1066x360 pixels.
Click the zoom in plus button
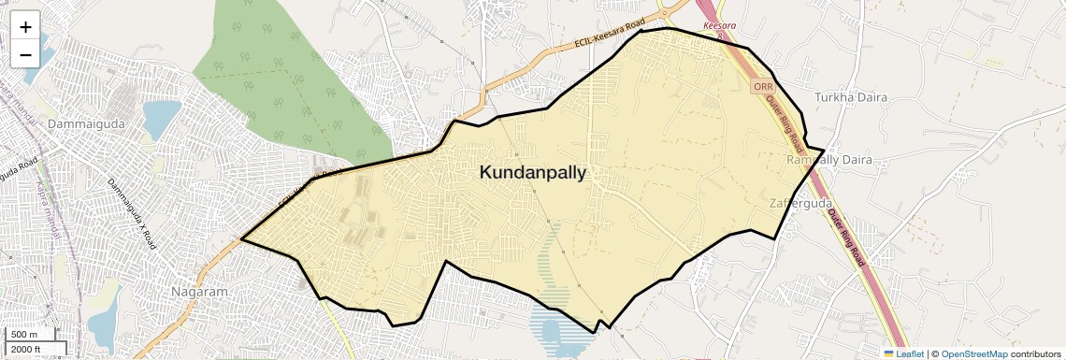click(25, 26)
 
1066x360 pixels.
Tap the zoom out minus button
click(25, 54)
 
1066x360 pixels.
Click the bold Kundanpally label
click(533, 172)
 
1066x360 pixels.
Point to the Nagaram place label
click(199, 292)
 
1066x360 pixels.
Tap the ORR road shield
click(762, 86)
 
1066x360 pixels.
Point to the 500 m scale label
click(24, 335)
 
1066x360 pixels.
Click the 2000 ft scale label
click(27, 349)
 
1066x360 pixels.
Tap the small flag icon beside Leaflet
click(888, 354)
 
